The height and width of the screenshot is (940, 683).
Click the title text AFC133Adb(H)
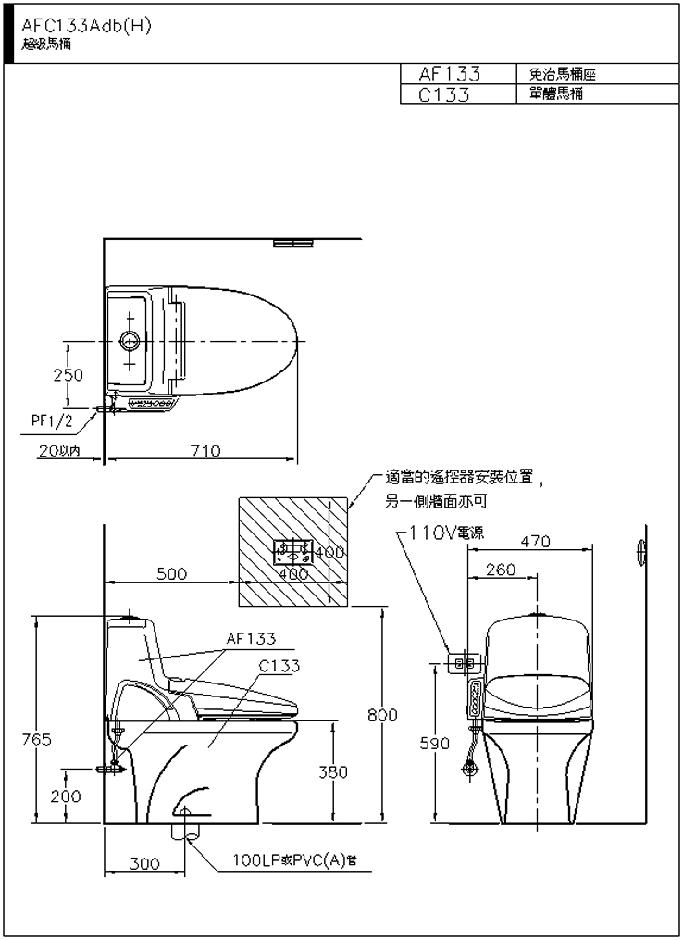(x=85, y=27)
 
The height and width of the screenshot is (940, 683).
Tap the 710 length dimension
(x=205, y=450)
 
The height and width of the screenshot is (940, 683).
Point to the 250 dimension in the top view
(x=68, y=375)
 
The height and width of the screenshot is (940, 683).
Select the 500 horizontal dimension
(x=171, y=573)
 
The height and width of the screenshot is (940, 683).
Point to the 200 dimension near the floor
(x=66, y=796)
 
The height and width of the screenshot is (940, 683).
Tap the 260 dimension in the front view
(x=501, y=570)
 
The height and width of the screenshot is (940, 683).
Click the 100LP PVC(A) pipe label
(x=294, y=861)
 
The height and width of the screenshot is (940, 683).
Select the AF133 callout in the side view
(x=251, y=638)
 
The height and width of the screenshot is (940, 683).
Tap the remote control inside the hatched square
(x=294, y=554)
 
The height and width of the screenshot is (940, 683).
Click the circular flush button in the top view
(x=129, y=343)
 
